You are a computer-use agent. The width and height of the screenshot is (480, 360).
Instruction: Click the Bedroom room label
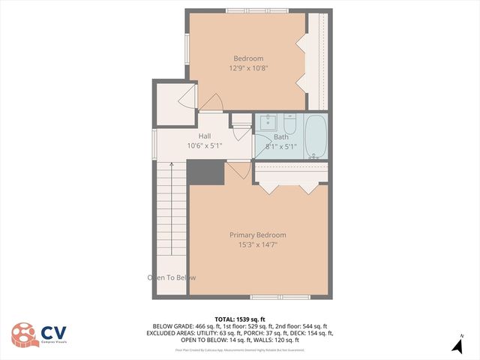248,58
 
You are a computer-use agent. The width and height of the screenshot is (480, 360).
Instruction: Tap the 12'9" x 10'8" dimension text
248,68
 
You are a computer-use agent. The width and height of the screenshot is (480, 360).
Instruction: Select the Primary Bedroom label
257,235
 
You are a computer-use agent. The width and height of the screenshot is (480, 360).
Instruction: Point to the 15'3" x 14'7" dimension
257,244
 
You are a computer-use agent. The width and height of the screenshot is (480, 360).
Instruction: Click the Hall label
204,136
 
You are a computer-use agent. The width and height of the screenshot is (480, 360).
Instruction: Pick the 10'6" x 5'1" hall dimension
204,146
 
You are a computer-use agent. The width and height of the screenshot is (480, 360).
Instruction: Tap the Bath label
280,137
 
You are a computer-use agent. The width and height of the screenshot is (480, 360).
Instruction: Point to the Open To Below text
172,277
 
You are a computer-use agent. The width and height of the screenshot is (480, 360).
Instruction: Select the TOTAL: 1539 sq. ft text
240,319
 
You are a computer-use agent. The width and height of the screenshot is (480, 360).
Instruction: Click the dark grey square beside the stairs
205,172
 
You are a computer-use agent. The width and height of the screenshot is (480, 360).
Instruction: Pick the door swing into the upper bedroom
211,103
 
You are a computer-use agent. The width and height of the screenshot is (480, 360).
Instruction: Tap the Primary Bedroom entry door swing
238,171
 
